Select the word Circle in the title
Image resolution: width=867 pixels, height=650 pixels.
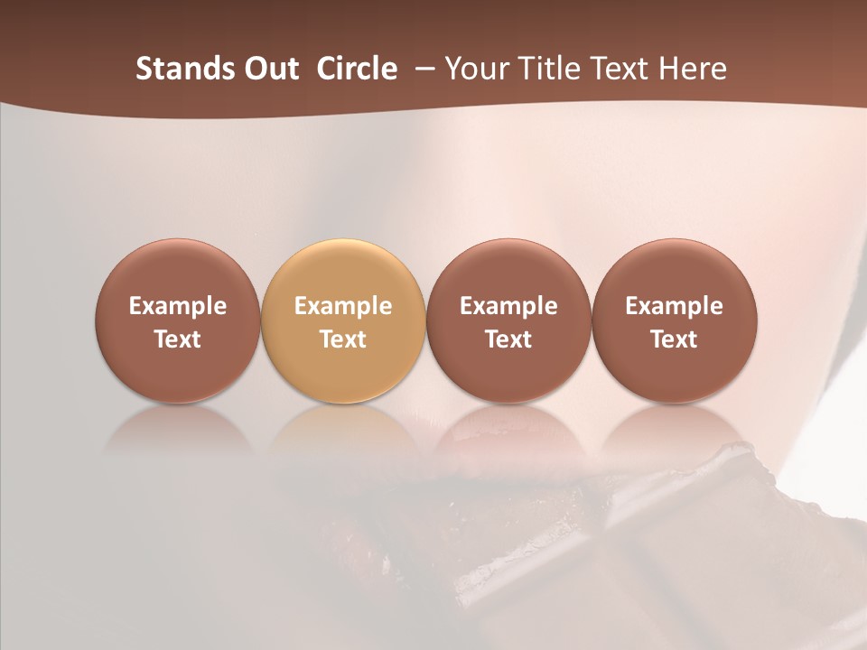357,69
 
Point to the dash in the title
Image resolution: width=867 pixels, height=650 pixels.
422,69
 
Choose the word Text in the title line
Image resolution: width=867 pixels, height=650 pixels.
614,69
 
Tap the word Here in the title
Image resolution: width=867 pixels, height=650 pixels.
691,69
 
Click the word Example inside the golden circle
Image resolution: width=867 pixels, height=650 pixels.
343,306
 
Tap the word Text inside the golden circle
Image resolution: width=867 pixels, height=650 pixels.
343,339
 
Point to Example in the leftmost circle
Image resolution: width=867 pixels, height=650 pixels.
178,306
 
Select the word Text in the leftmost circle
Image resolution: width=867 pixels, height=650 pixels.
178,339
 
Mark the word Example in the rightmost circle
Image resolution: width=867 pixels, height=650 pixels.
674,306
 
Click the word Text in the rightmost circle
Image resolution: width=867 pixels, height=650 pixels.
674,339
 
